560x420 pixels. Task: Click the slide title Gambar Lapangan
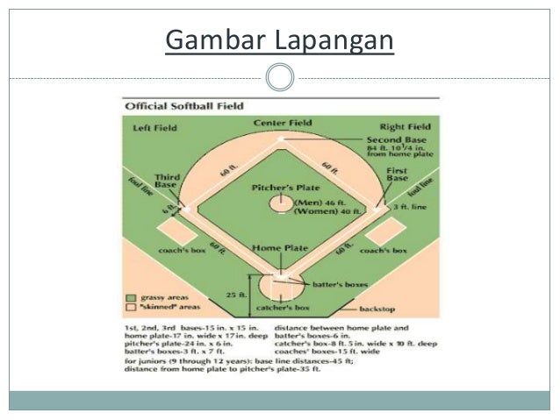tap(279, 40)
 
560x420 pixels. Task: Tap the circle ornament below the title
tap(279, 78)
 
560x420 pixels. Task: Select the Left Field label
tap(154, 127)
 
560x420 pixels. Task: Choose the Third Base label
tap(167, 180)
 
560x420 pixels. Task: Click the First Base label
tap(397, 174)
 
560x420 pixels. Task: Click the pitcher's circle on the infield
tap(281, 203)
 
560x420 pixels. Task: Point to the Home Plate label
tap(280, 248)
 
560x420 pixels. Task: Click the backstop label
tap(379, 310)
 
